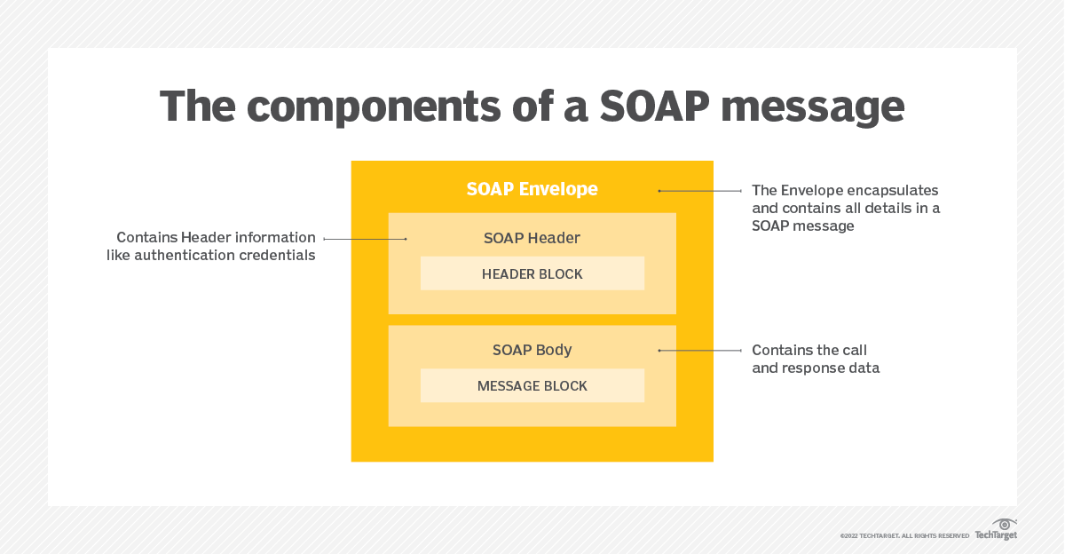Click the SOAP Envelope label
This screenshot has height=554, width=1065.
point(532,189)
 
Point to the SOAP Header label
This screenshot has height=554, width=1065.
point(532,238)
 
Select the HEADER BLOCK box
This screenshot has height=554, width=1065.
point(532,273)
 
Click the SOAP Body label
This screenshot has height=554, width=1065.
point(532,350)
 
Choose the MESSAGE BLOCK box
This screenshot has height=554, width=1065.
point(532,385)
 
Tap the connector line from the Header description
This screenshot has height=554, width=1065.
point(364,239)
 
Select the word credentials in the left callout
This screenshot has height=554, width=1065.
point(277,256)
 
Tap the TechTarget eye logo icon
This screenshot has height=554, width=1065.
point(1005,524)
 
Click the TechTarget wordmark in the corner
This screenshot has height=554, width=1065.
point(996,535)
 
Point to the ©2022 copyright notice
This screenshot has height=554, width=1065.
point(904,536)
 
